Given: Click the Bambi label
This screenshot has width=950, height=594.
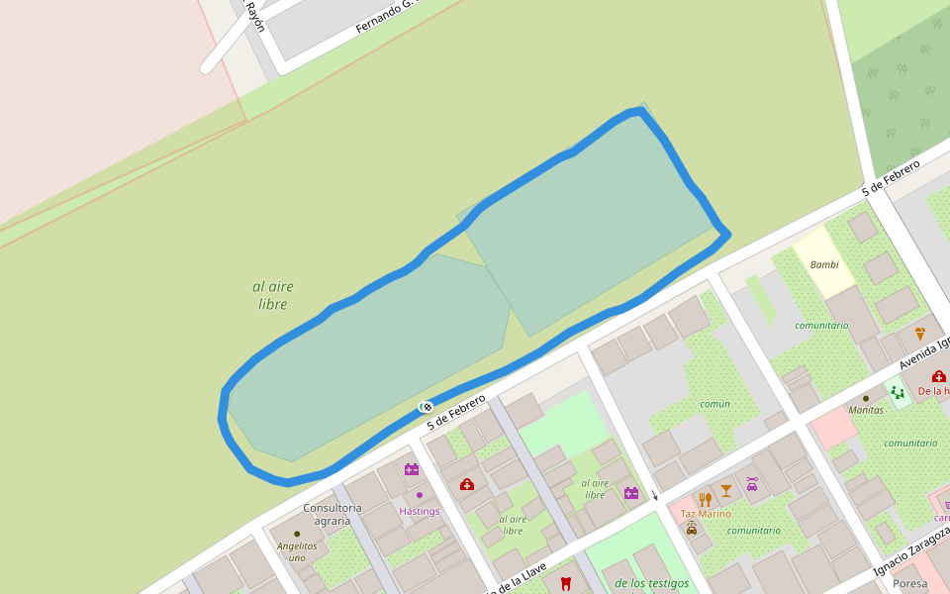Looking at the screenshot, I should point(824,264).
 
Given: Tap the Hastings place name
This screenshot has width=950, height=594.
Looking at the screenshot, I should point(419,511).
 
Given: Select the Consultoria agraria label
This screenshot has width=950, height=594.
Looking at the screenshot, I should point(332,514).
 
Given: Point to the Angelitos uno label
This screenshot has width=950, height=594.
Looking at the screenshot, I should point(297,551).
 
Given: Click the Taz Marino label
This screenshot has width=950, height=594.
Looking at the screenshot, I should point(706,514).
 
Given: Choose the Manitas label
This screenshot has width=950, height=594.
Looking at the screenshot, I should point(866,409).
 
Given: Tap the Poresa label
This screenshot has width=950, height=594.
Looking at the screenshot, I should point(910,583).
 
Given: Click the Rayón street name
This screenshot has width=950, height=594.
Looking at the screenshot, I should point(255,16).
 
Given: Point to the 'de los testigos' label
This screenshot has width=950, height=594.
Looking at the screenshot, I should point(651,583).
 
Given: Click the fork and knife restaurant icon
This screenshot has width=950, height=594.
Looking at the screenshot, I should point(706,499).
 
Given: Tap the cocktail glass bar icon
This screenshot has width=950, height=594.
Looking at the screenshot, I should point(726,490).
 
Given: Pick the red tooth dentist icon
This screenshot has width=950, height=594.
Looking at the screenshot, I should point(565,583).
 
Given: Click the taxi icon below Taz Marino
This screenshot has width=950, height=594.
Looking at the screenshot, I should point(691,529).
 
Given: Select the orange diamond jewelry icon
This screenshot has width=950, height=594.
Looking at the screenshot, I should point(920,334).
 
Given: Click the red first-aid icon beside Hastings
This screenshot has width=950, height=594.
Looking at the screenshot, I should point(467,484).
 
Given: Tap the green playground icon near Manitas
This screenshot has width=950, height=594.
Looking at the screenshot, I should point(897,393).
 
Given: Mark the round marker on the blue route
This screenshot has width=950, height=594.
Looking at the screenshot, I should point(426,406).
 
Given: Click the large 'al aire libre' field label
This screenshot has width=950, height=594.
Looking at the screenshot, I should point(273,295).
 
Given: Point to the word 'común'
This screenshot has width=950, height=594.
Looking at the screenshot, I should point(714,404).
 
